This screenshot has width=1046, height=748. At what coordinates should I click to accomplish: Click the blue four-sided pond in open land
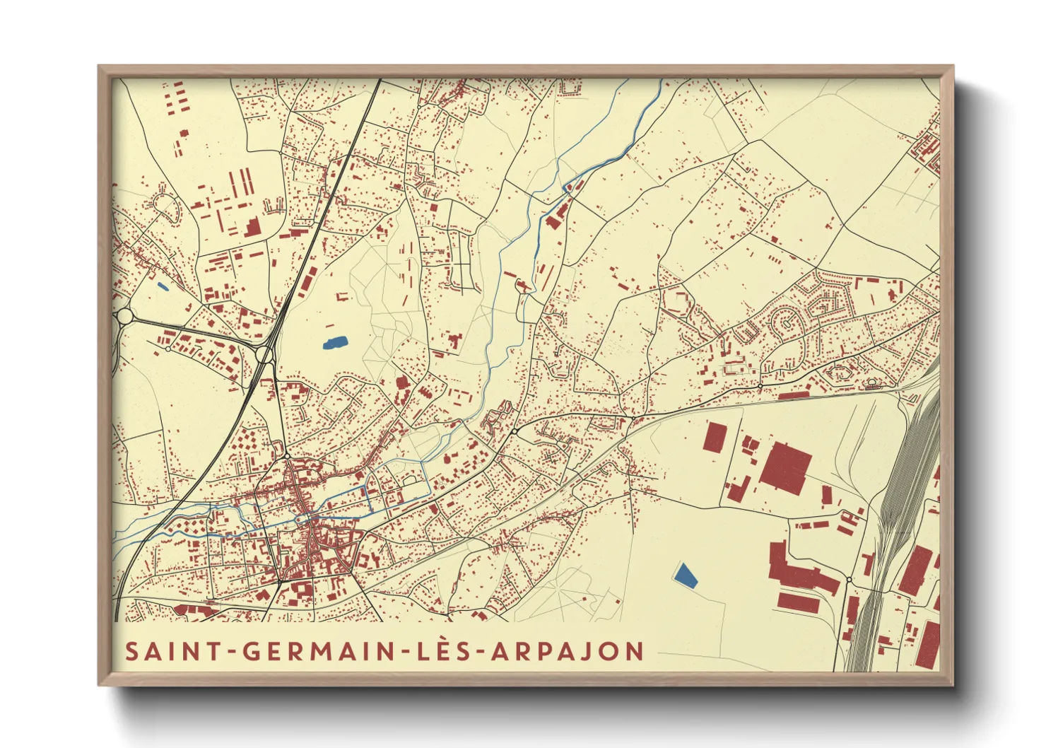click(684, 575)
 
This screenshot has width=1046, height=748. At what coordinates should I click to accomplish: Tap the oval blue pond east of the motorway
click(334, 344)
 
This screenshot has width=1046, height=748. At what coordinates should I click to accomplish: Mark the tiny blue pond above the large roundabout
click(163, 287)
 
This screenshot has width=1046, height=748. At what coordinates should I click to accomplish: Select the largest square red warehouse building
click(785, 467)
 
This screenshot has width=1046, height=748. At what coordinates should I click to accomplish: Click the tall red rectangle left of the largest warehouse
click(715, 438)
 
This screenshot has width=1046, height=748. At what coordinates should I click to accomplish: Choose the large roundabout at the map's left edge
click(124, 315)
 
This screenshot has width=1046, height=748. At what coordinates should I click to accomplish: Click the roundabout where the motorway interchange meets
click(265, 354)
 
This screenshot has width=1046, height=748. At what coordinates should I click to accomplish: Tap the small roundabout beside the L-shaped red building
click(848, 580)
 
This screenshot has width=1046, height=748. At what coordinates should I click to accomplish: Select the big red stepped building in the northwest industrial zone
click(252, 228)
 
